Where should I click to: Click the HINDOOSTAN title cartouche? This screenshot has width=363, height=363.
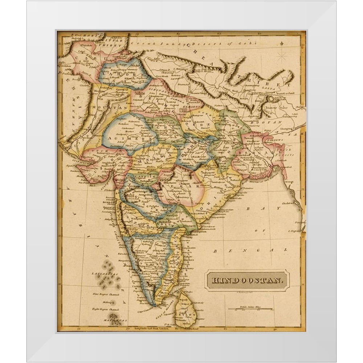point(246,280)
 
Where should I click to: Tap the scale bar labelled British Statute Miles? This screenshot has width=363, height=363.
point(250,309)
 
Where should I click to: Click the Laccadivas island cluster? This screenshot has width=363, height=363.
point(105,274)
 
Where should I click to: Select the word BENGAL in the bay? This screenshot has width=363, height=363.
point(250,250)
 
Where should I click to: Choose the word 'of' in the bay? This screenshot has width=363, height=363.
point(265,231)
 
